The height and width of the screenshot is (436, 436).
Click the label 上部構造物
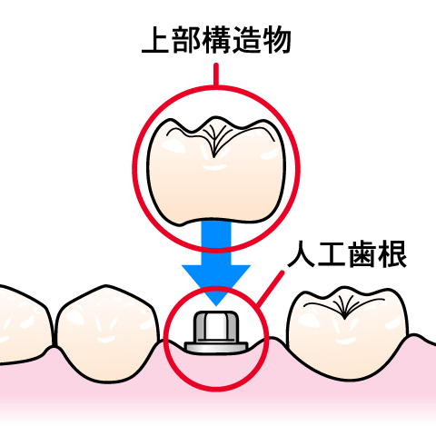click(x=216, y=40)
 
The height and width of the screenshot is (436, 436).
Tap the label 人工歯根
click(x=347, y=253)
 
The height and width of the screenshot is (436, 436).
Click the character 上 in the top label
click(x=155, y=40)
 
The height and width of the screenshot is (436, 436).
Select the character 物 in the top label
click(x=277, y=40)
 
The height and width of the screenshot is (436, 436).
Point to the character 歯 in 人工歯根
click(x=362, y=253)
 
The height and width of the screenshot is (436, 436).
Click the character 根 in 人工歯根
click(x=392, y=253)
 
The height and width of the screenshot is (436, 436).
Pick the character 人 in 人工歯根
click(x=301, y=253)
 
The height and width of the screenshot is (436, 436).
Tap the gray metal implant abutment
click(x=216, y=332)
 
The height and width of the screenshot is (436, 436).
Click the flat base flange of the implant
click(x=216, y=348)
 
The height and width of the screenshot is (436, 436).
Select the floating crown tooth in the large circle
click(x=216, y=172)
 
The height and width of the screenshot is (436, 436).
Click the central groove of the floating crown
click(x=214, y=143)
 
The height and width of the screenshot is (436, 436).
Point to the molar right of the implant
click(x=347, y=332)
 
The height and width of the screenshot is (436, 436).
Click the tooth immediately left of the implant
click(x=108, y=333)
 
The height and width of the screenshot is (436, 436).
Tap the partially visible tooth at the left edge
click(x=25, y=325)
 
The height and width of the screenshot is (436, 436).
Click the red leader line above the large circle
click(x=216, y=74)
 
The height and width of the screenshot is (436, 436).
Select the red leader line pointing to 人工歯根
click(x=270, y=288)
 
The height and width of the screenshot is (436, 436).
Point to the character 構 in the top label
click(x=216, y=40)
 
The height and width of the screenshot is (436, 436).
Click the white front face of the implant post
click(x=216, y=328)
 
